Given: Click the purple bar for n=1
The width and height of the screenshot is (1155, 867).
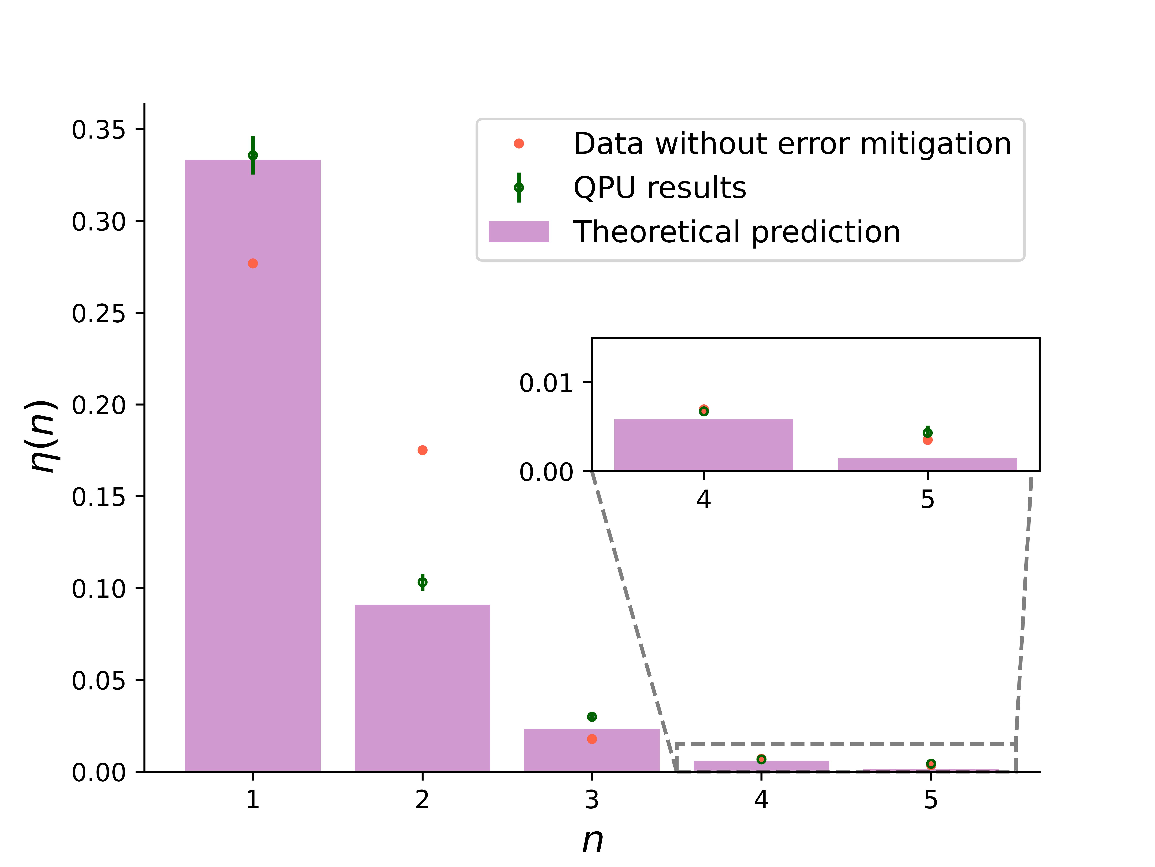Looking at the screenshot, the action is point(253,465).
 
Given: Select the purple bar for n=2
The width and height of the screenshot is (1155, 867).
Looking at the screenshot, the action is point(422,688).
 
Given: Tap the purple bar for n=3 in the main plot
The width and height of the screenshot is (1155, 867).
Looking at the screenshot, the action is point(592,750).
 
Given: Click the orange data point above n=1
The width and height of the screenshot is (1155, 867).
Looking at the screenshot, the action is point(253,263).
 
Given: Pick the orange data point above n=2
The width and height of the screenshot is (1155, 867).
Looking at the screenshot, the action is point(422,450).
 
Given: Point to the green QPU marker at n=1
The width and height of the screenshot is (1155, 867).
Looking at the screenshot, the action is point(253,155).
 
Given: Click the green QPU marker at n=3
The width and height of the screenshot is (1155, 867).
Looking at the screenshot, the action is point(592,717).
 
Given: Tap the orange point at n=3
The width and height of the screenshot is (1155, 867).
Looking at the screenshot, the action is point(592,739).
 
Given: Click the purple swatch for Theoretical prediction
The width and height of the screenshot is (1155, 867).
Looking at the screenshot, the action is point(518,232).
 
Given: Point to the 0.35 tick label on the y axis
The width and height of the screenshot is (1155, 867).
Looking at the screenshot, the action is point(99,130).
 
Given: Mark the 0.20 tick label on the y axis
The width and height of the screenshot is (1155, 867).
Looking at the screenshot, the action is point(99,405).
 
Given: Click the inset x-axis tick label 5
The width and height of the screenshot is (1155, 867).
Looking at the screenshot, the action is point(927,499).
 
